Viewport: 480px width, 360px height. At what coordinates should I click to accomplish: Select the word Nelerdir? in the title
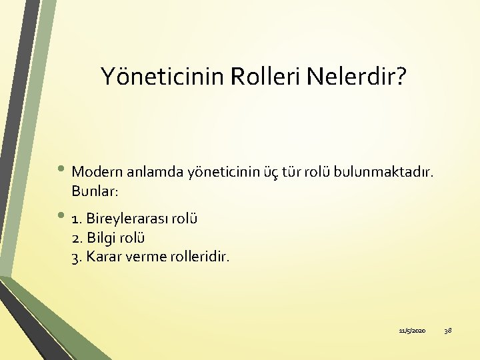(x=355, y=77)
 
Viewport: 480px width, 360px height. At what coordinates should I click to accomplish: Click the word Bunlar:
(x=95, y=191)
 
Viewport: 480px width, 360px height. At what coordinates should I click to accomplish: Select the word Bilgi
(x=103, y=237)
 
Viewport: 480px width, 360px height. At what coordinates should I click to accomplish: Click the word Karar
(x=105, y=257)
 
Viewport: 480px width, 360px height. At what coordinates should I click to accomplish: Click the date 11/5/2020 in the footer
(x=412, y=331)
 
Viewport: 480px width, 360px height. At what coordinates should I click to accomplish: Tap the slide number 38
(x=448, y=331)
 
